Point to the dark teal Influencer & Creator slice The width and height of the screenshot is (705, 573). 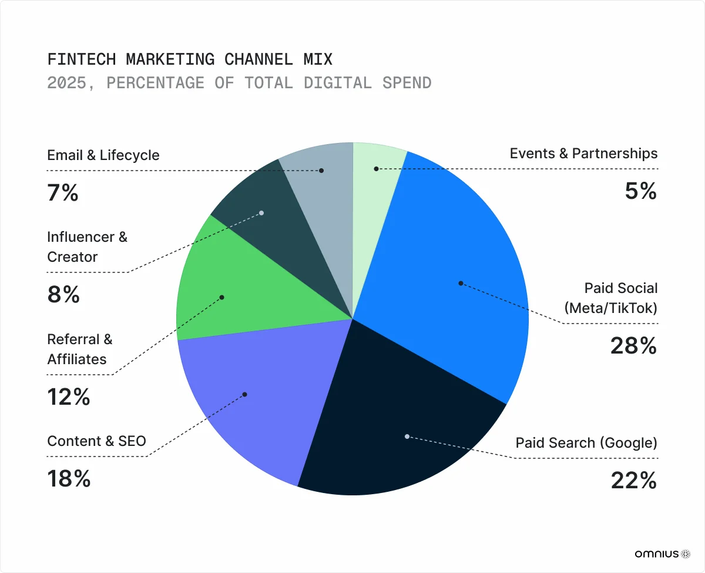(x=258, y=212)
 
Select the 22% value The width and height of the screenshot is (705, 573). (x=633, y=481)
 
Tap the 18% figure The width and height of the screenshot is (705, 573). (x=69, y=479)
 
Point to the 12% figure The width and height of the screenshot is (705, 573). (x=69, y=398)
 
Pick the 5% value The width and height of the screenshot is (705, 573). (x=640, y=191)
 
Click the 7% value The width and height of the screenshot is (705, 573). (x=63, y=193)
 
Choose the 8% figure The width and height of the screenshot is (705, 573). (x=63, y=295)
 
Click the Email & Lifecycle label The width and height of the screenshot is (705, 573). (x=103, y=155)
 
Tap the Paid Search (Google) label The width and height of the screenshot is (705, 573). (x=586, y=442)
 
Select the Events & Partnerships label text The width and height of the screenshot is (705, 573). (x=583, y=154)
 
